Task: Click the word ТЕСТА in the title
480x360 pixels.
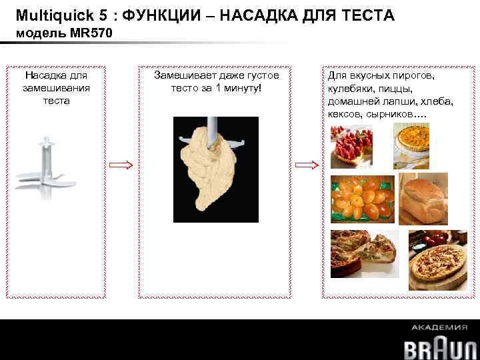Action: (365, 14)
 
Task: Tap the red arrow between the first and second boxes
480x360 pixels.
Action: (122, 165)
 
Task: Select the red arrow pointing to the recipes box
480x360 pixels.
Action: (307, 165)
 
